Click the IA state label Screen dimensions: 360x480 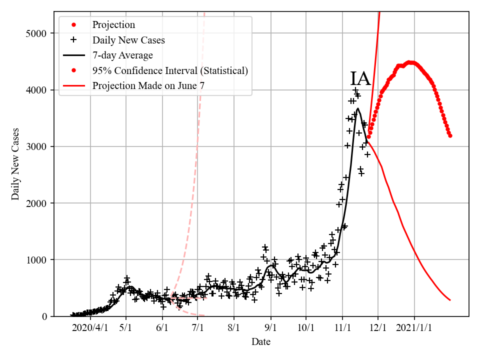click(360, 79)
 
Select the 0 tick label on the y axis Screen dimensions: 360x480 click(44, 316)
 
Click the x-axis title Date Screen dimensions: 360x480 click(261, 342)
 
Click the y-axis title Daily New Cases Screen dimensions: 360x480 click(15, 163)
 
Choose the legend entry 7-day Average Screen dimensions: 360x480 click(122, 55)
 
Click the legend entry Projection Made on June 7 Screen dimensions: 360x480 click(148, 86)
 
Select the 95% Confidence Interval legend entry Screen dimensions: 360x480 click(170, 70)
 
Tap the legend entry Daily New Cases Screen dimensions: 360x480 click(128, 40)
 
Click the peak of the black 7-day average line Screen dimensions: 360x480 click(358, 108)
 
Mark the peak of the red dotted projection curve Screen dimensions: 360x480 click(410, 62)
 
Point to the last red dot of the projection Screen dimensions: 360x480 click(450, 135)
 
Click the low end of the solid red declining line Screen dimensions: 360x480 click(450, 300)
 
